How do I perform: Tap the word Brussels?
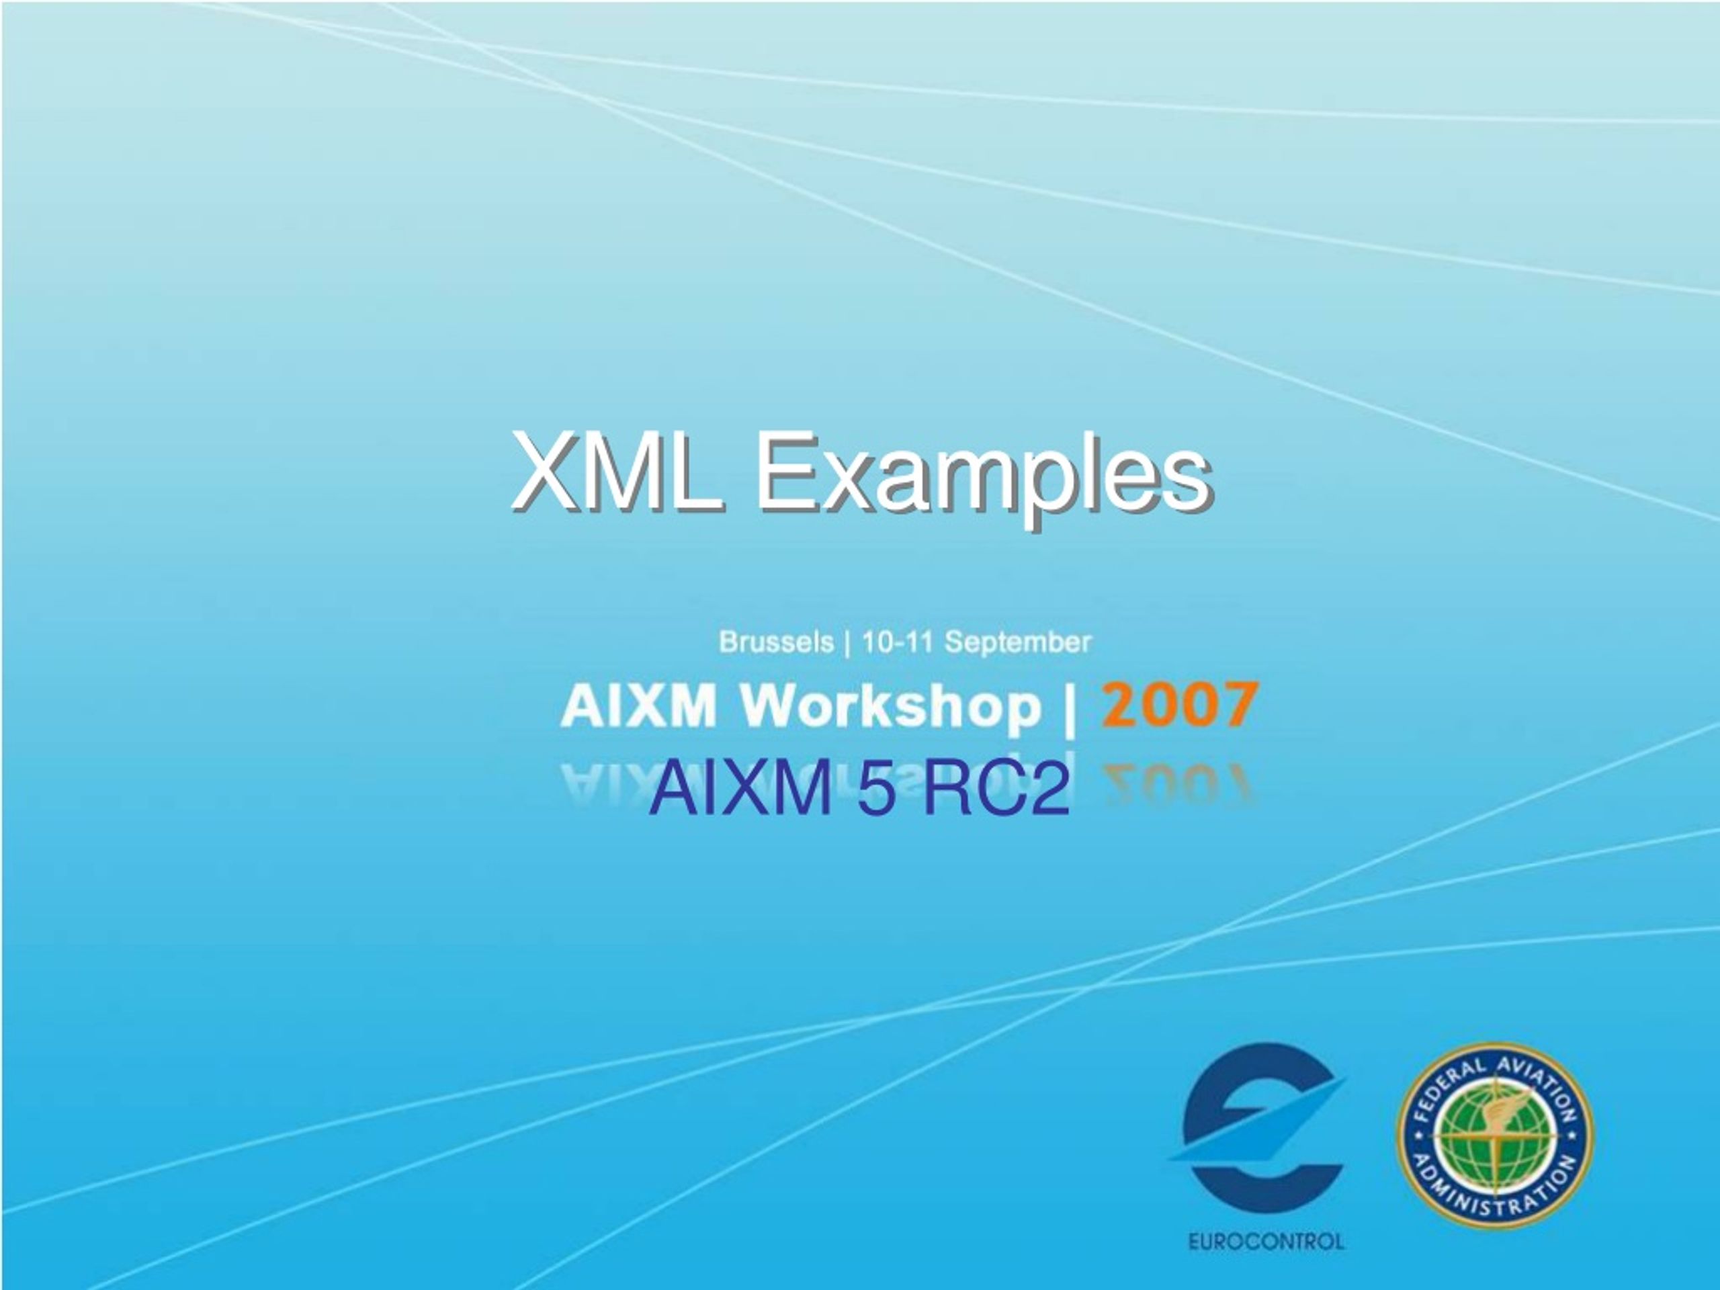(776, 643)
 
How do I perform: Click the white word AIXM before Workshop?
(638, 706)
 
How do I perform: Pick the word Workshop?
(890, 706)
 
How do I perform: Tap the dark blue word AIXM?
(741, 790)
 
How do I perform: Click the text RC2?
(995, 790)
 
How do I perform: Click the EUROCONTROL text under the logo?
(1266, 1241)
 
